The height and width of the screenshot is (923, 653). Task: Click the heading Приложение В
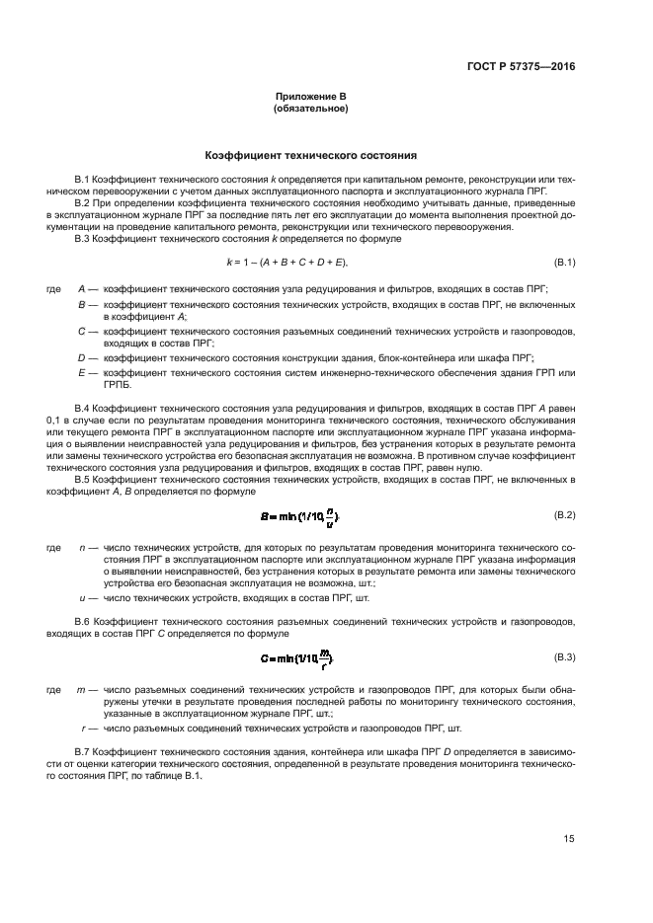tap(310, 96)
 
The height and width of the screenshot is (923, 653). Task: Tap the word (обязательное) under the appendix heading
tap(310, 108)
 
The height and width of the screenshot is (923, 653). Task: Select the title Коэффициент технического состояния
tap(310, 155)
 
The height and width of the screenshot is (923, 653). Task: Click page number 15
tap(569, 839)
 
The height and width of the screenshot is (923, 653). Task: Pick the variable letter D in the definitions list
tap(81, 356)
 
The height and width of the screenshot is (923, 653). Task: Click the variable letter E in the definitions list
tap(81, 372)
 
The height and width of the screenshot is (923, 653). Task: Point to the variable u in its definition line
tap(81, 598)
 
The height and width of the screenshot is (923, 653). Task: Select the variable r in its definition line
tap(81, 728)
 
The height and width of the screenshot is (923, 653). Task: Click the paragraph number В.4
tap(84, 407)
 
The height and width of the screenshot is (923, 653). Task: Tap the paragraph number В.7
tap(84, 752)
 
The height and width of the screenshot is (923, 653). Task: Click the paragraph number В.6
tap(84, 623)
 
